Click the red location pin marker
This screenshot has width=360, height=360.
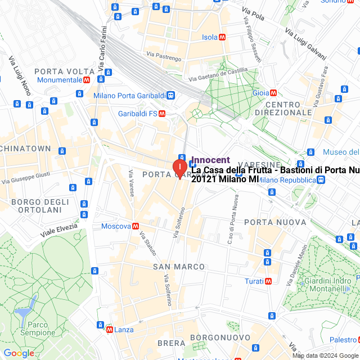(179, 168)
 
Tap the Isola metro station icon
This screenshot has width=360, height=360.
(223, 37)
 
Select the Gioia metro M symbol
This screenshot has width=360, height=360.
(273, 93)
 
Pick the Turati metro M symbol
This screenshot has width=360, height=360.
(269, 281)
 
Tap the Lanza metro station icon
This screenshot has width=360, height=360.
(109, 330)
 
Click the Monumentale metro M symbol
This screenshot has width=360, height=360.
(87, 80)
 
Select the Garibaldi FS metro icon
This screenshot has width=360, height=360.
(162, 113)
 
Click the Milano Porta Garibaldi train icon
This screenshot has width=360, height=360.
(170, 96)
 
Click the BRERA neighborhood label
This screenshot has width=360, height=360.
(171, 343)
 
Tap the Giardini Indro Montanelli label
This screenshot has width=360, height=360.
(325, 285)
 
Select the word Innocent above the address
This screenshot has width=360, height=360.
(210, 160)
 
